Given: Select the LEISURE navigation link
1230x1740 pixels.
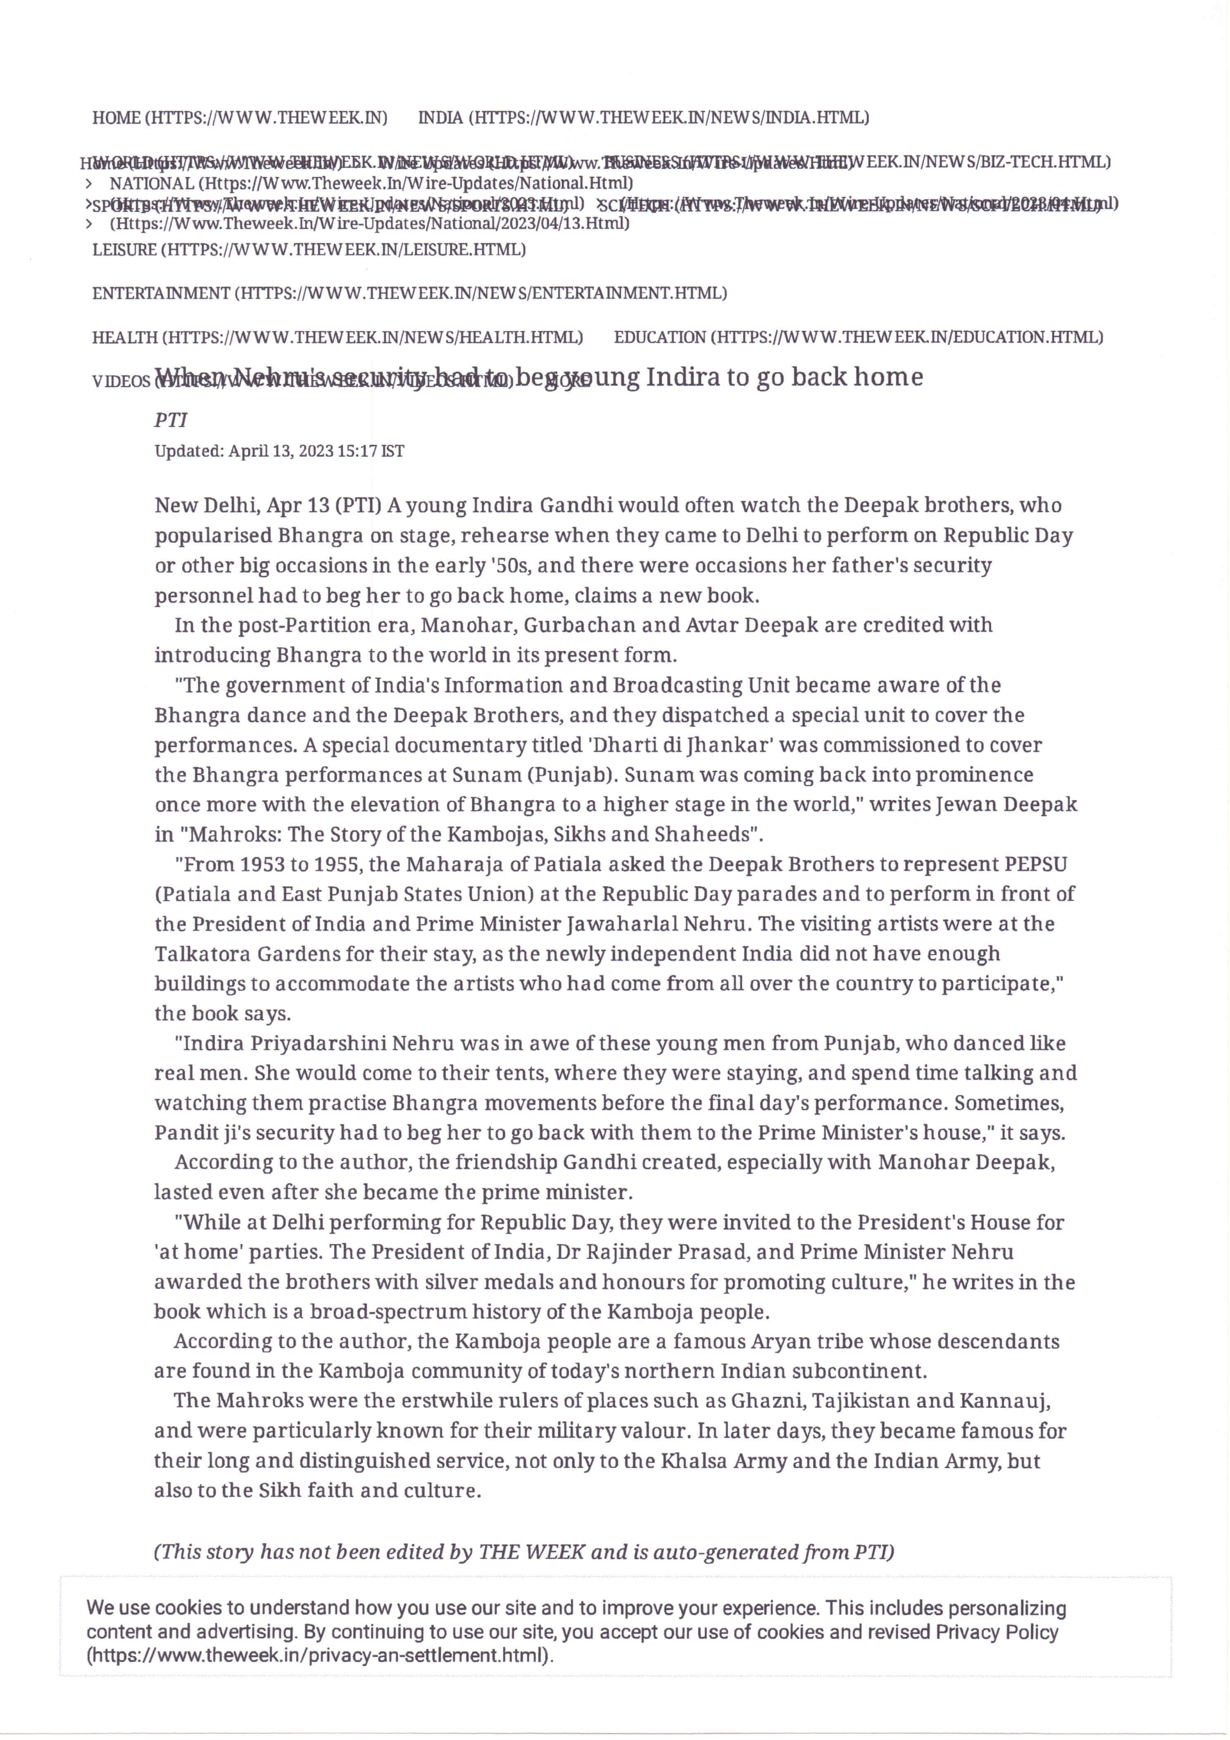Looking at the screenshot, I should [x=309, y=249].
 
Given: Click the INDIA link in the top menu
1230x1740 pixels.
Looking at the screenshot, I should [x=643, y=117].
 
